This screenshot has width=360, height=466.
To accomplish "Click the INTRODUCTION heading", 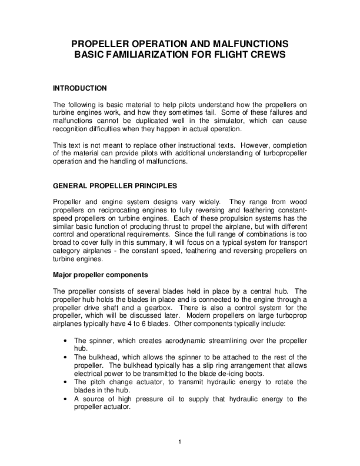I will click(80, 88).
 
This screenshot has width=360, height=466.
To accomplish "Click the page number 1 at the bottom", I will click(179, 442).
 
